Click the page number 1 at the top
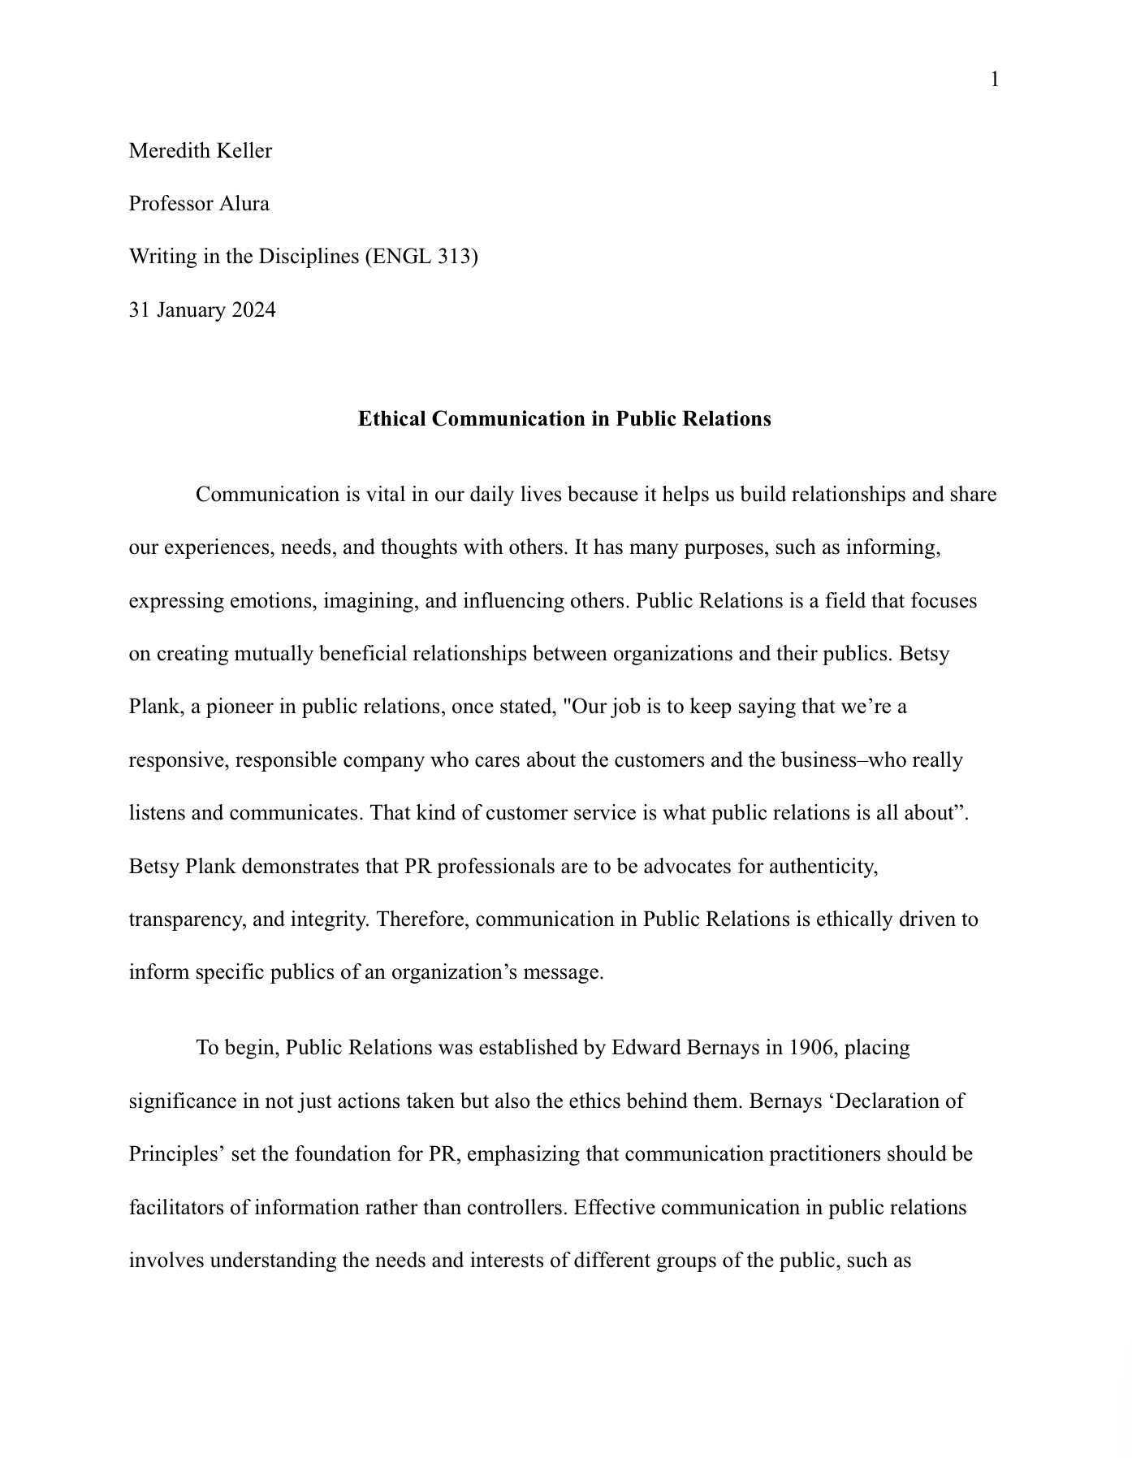994,80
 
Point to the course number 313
454,257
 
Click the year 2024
253,310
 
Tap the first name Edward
646,1048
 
